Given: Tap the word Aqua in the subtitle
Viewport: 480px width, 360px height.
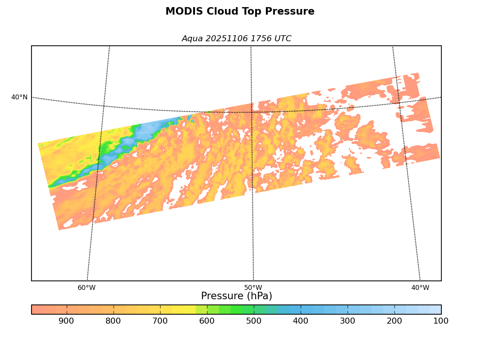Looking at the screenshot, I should point(192,39).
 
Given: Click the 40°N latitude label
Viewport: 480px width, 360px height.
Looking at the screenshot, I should point(19,97).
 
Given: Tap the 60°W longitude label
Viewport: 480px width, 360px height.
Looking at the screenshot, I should point(87,288).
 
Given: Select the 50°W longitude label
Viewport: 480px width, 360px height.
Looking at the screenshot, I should point(253,288).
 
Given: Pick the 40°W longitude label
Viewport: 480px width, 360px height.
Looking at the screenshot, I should point(420,288).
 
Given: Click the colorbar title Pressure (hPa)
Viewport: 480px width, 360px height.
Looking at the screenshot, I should point(237,296).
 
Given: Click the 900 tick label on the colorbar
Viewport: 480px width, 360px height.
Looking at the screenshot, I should point(66,321).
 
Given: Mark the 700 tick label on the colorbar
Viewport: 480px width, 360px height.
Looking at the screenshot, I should point(160,321).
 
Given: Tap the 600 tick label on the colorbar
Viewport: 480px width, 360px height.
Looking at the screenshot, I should point(207,321).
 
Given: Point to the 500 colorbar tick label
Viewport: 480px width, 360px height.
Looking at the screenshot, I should point(254,321).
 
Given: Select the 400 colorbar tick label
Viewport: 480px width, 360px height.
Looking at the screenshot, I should point(301,321).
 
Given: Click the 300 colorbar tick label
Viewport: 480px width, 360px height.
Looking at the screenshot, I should point(348,321).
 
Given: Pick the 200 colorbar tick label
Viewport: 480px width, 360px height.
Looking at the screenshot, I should point(394,321).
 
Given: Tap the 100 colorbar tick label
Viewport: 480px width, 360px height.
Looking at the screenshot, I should point(441,321).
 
